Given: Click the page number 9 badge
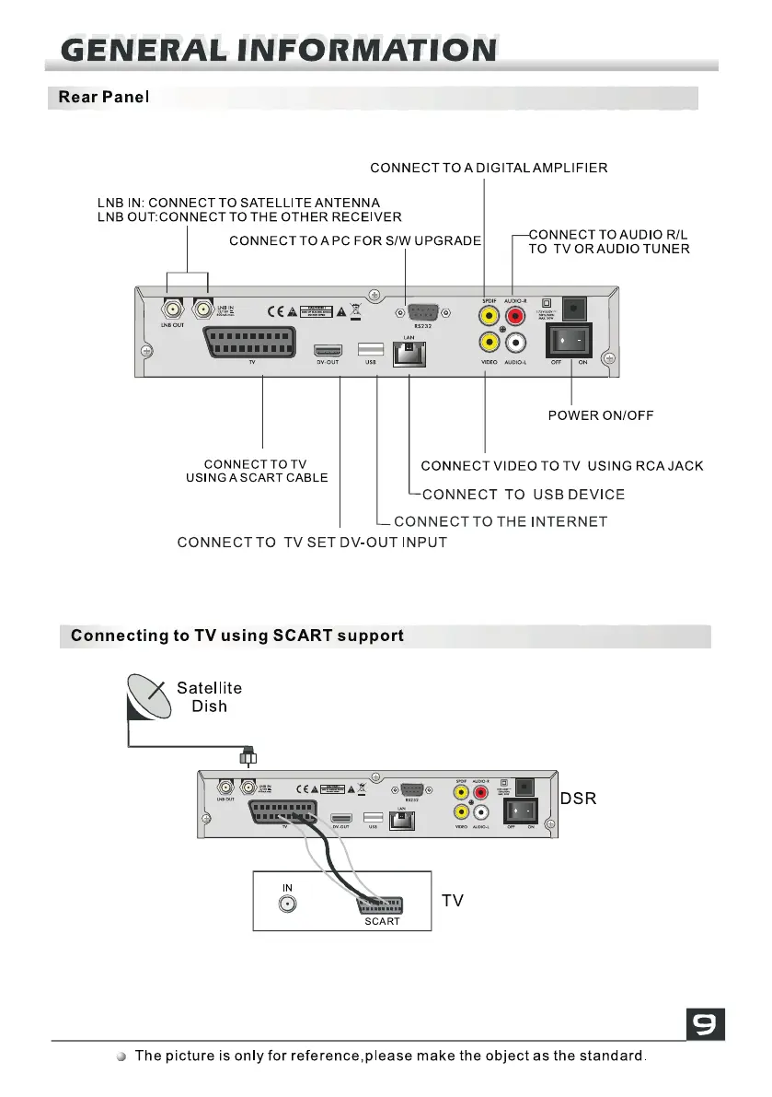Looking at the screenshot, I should (706, 1024).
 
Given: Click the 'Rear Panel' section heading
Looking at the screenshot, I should (103, 97).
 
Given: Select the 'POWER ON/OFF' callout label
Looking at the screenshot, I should (600, 415).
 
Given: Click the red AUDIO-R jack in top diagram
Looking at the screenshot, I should (514, 317).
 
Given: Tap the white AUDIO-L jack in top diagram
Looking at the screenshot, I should (514, 343).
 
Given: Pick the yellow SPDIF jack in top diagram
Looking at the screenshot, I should (487, 317).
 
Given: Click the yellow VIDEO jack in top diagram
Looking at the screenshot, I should (487, 343).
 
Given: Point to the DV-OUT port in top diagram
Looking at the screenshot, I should (328, 350).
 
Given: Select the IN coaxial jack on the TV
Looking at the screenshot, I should (288, 904).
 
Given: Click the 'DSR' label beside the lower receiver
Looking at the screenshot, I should (578, 799).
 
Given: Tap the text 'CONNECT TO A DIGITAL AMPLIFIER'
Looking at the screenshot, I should (489, 168).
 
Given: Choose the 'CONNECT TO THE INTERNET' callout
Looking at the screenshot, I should (501, 521).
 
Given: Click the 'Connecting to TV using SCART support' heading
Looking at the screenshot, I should (237, 636).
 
